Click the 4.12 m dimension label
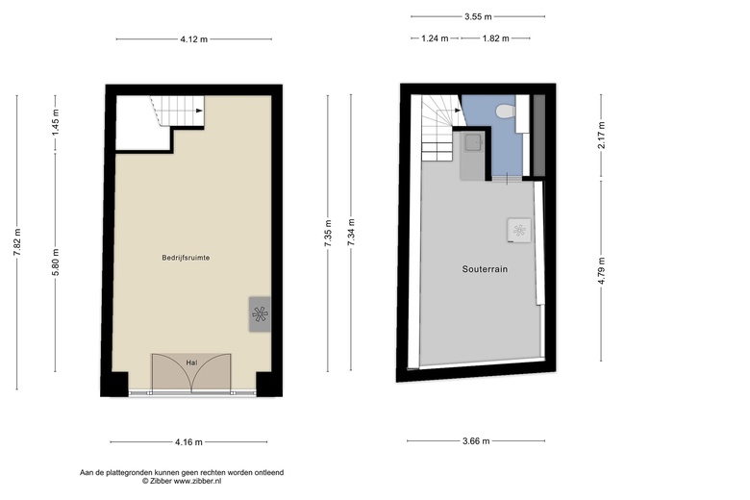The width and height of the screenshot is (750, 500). [x=193, y=39]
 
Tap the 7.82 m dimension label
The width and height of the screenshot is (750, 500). [x=17, y=242]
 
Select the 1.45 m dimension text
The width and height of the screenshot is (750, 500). [x=56, y=122]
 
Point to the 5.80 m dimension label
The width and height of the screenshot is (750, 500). [x=56, y=262]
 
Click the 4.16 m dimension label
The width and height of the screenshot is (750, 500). [x=188, y=442]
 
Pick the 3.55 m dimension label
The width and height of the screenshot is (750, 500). [x=478, y=16]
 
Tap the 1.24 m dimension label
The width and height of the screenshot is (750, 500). [x=435, y=38]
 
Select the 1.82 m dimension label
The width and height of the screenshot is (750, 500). [x=495, y=38]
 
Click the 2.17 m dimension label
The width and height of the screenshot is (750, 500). [x=602, y=136]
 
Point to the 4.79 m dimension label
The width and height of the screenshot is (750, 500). [x=602, y=271]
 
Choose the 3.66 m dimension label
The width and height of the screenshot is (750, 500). [x=476, y=441]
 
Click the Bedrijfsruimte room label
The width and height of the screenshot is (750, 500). [x=186, y=258]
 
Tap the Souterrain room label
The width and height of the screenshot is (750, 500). [x=485, y=269]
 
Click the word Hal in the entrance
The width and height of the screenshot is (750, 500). [x=191, y=362]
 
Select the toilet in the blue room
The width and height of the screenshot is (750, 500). [x=506, y=112]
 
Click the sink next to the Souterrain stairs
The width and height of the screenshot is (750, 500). [x=473, y=142]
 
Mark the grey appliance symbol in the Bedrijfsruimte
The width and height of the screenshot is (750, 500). [x=260, y=314]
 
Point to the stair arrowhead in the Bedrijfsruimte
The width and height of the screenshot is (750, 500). [x=199, y=111]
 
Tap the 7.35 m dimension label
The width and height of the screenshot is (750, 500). [x=328, y=234]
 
